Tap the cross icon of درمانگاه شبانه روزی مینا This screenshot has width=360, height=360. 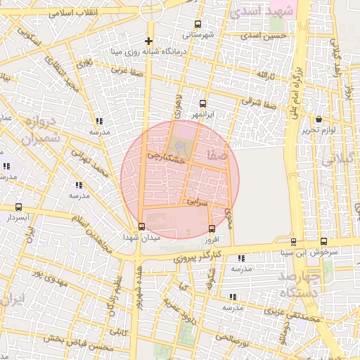[148, 41]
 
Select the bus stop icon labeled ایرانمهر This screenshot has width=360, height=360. [203, 103]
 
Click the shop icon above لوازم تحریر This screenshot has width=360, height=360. [320, 119]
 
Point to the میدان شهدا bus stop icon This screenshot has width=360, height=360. [142, 226]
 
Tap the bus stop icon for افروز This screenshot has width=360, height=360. [212, 229]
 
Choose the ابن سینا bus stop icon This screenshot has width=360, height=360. [323, 241]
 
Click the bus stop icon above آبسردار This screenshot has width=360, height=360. [18, 207]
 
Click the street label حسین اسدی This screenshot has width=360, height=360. [264, 35]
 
